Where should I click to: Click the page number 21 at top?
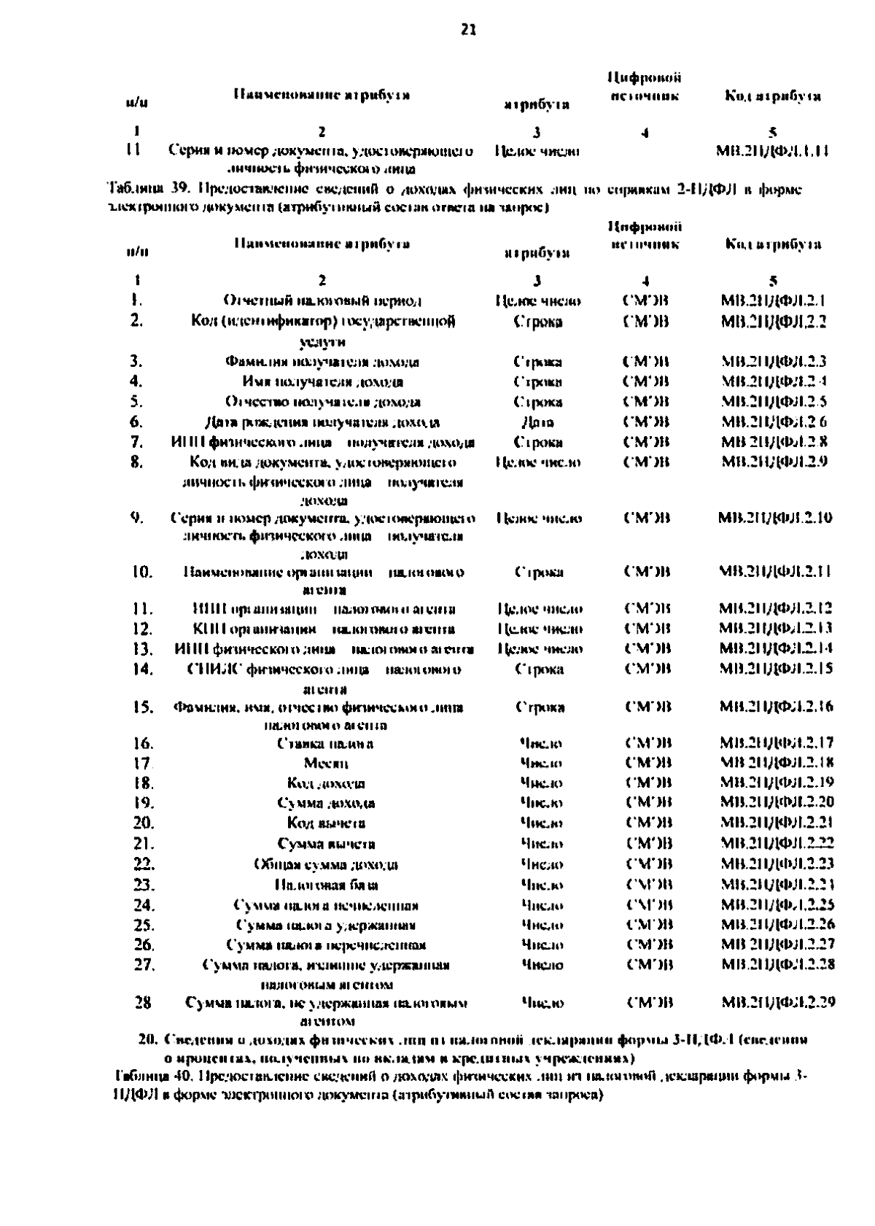(468, 30)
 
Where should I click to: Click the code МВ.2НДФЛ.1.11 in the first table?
(774, 152)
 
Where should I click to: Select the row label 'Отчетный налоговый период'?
(322, 300)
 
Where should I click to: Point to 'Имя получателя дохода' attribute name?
(322, 381)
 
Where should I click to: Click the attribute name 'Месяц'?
(325, 764)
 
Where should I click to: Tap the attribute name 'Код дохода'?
(326, 784)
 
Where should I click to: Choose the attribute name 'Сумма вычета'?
(326, 845)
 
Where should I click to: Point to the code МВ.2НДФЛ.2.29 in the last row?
(777, 1003)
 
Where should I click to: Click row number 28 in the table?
(143, 1003)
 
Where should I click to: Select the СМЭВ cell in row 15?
(647, 707)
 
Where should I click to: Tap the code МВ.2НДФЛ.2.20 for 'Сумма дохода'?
(776, 803)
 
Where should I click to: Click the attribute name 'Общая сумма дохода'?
(326, 865)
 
